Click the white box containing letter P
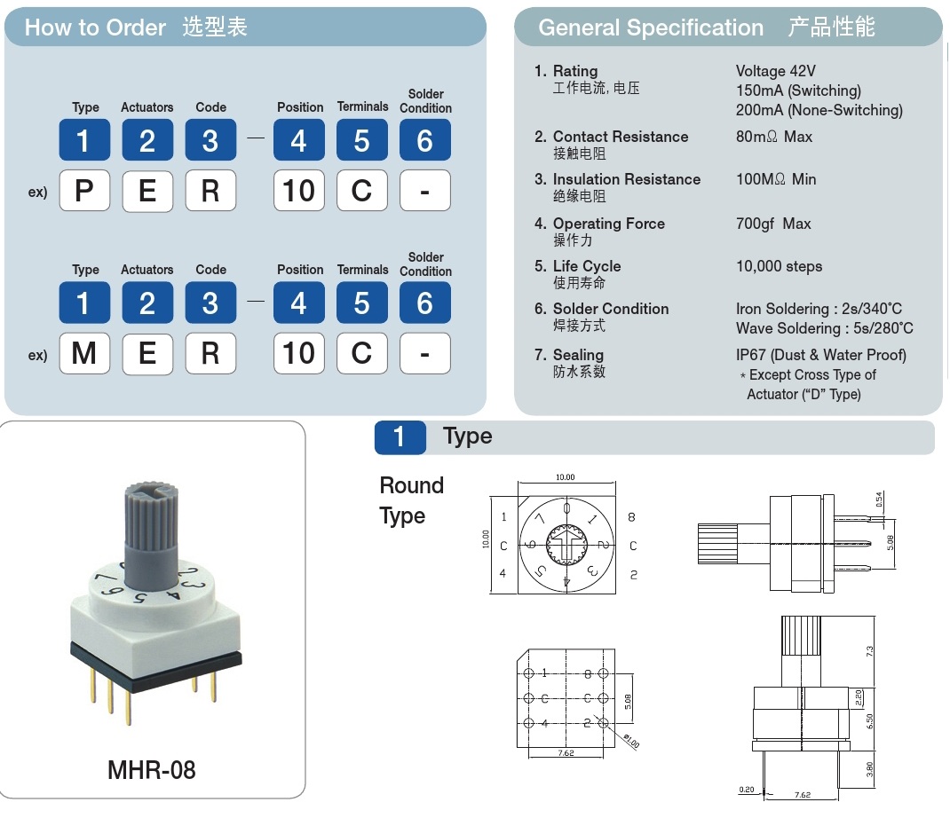click(x=84, y=191)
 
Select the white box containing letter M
click(x=84, y=353)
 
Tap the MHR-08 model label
click(x=151, y=769)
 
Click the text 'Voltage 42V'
click(x=775, y=71)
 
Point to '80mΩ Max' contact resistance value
click(x=773, y=137)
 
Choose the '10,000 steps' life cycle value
click(x=779, y=266)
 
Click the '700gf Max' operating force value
click(x=773, y=224)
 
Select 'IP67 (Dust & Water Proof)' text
click(x=821, y=355)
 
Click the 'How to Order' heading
click(x=95, y=28)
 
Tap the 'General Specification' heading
click(x=651, y=28)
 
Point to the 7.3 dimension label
click(x=870, y=650)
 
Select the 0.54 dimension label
click(x=879, y=499)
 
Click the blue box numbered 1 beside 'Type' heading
click(x=400, y=437)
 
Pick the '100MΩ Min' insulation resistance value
click(x=775, y=179)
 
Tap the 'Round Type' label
click(x=411, y=500)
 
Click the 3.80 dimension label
click(x=870, y=769)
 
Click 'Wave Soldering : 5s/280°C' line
click(x=824, y=328)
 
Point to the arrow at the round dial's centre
click(x=566, y=542)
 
